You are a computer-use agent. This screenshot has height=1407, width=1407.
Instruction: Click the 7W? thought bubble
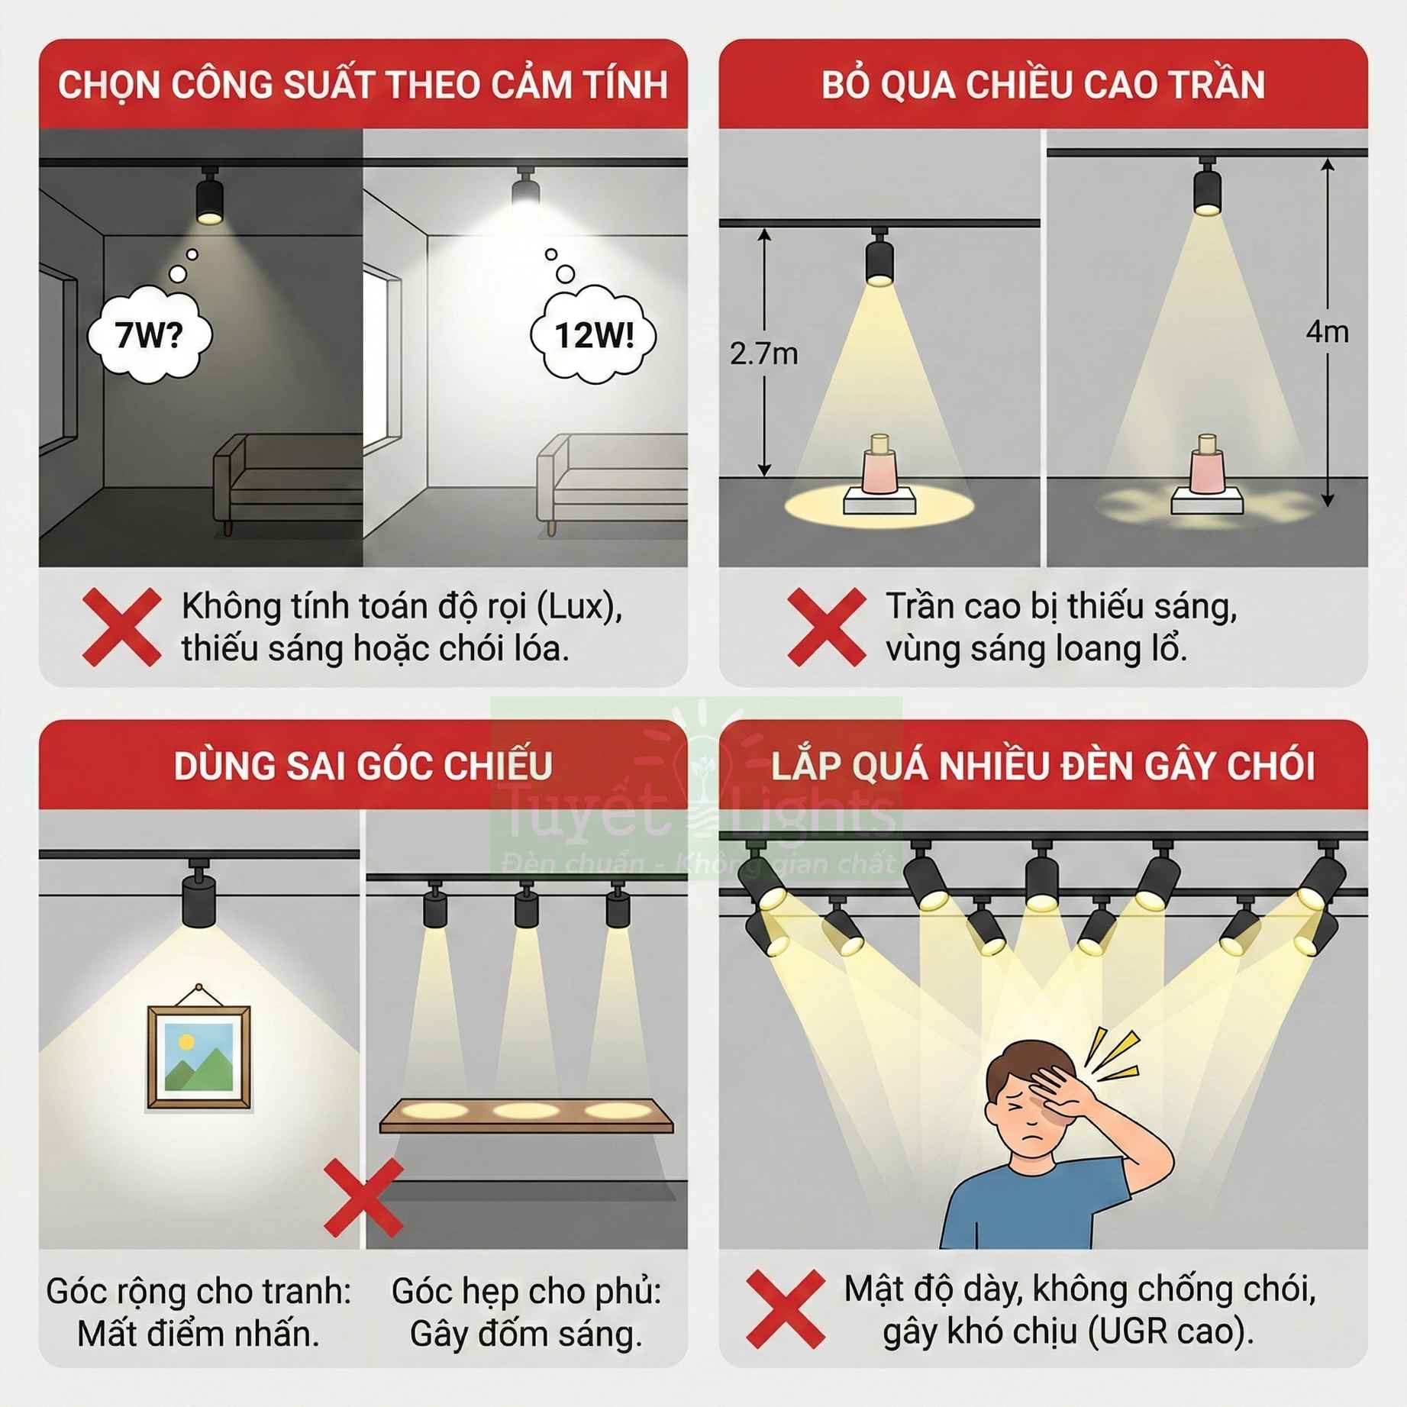coord(149,335)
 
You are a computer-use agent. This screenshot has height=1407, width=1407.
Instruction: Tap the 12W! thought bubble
coord(594,335)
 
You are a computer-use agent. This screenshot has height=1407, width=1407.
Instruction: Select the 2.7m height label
coord(763,354)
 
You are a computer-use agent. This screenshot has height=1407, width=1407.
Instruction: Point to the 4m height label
coord(1327,332)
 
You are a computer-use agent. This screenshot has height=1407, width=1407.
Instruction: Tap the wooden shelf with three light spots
coord(526,1115)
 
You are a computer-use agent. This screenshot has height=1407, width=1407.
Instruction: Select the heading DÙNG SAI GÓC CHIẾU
coord(363,766)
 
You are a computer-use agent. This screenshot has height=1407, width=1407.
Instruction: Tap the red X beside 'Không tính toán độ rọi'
coord(122,627)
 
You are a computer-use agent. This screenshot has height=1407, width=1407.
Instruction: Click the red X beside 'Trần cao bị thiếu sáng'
coord(827,627)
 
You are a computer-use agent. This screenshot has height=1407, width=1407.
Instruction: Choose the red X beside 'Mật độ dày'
coord(786,1309)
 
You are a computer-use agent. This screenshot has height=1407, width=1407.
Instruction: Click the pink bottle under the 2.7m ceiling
coord(880,467)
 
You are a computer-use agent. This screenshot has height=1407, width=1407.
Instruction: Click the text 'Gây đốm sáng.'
coord(526,1334)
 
